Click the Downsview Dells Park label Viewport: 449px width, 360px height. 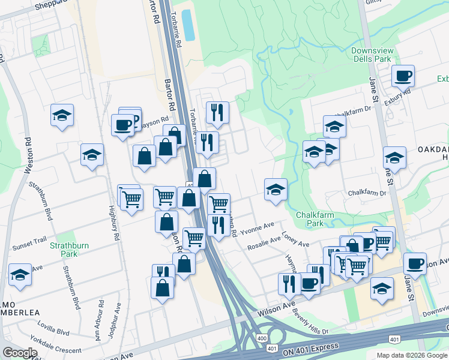372,54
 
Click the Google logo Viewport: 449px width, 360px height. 20,353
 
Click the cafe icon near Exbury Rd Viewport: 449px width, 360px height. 403,76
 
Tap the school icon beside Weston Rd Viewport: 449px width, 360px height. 20,275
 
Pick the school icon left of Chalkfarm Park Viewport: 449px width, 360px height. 276,189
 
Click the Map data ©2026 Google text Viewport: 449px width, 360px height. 412,355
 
